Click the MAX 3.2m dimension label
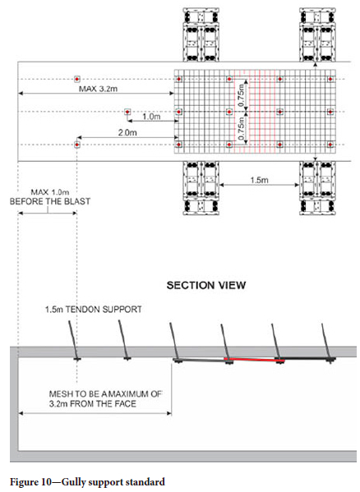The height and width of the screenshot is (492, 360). pos(99,89)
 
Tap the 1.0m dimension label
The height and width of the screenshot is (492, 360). pos(151,117)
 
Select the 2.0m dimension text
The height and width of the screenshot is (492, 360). pos(127,133)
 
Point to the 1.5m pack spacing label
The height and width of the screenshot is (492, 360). pos(259,180)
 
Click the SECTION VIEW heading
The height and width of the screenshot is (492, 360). pos(206,285)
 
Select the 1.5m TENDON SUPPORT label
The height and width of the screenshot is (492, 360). pos(93,310)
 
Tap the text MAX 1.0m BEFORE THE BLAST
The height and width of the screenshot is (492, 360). pos(50,197)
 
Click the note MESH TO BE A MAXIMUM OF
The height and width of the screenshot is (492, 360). pos(105,393)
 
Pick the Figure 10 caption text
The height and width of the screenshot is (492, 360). pos(87,482)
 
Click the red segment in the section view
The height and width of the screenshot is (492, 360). pos(254,360)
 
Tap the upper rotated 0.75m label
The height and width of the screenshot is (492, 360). pos(242,94)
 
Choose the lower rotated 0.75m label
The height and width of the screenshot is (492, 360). pos(242,129)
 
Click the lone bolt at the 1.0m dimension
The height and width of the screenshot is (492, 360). pos(127,112)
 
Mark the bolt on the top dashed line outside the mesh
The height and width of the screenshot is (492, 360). pos(77,79)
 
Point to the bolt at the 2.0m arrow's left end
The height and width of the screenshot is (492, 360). pos(77,145)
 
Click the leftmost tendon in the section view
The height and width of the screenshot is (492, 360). pos(73,340)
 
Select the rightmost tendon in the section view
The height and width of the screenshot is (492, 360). pos(326,343)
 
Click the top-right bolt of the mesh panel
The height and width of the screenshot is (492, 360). pos(330,79)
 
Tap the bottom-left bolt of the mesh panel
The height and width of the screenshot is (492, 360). pos(179,145)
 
